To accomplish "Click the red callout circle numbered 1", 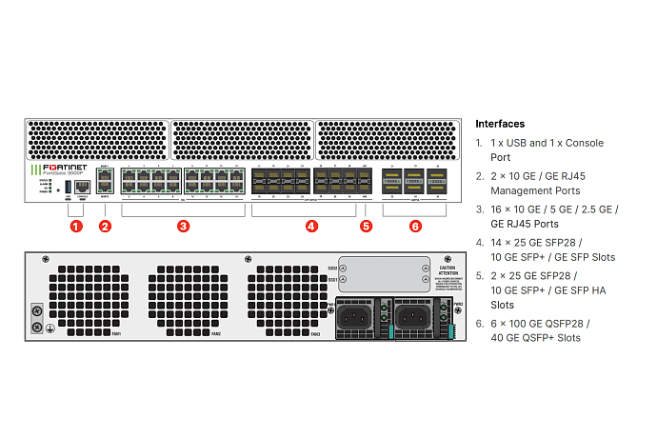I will coord(75,227).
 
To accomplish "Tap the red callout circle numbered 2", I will coord(105,227).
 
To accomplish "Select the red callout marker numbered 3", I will coord(183,227).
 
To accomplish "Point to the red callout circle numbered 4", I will coord(310,227).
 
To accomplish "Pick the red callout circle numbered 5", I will coord(367,227).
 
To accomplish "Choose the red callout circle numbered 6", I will coord(414,227).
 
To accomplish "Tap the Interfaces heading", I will coord(500,124).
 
